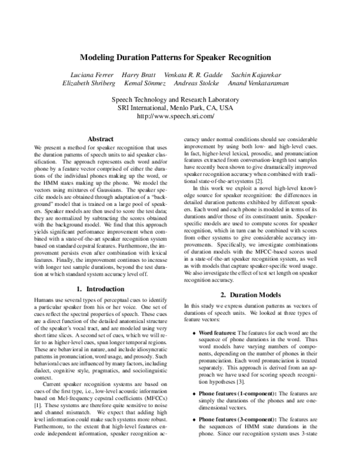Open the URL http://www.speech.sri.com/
[180, 116]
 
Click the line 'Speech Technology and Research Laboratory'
[180, 99]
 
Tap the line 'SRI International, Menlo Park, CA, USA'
[180, 107]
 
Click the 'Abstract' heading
[101, 139]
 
